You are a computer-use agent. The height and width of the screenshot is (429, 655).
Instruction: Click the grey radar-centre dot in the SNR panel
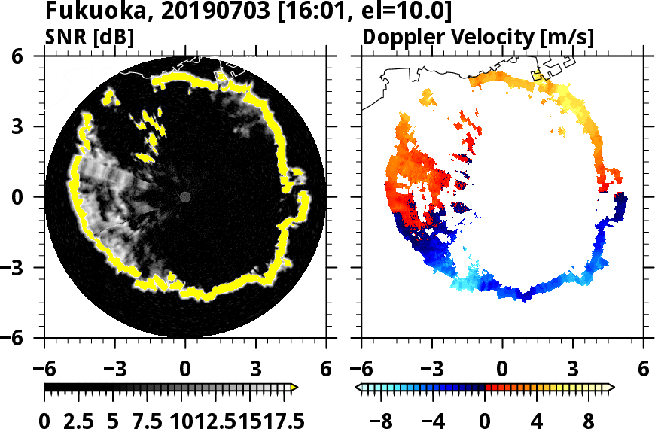(185, 196)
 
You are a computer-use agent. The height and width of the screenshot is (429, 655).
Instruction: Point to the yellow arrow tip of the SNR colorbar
(294, 387)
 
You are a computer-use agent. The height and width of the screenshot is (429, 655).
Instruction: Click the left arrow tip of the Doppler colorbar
(358, 387)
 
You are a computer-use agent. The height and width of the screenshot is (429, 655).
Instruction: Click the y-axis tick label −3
(23, 267)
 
